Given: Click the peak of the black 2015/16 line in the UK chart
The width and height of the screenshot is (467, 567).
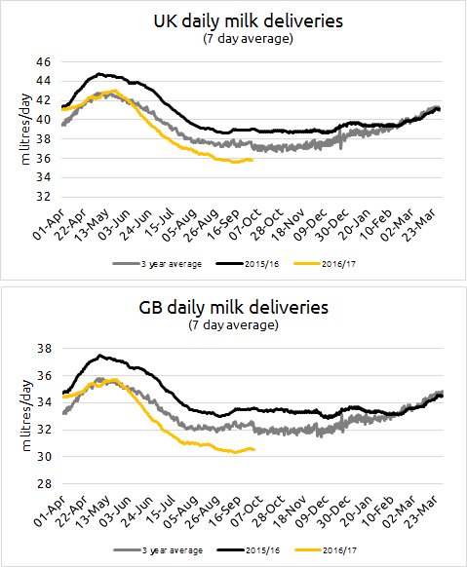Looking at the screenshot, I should pyautogui.click(x=99, y=74).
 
